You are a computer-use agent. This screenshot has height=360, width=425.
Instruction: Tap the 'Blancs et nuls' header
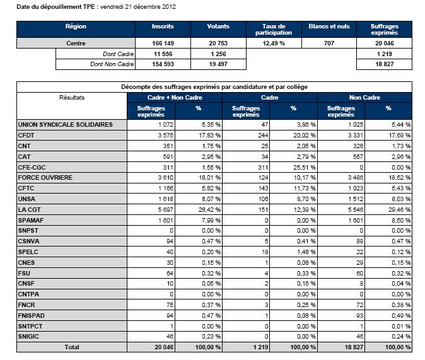(329, 26)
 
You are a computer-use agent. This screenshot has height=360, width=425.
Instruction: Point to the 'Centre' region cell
(76, 44)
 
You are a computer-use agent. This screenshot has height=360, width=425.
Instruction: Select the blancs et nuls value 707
(329, 44)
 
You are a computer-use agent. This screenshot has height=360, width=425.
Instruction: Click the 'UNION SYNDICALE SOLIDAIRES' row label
(66, 125)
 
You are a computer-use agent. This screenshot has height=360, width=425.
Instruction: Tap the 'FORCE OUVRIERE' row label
(46, 178)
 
